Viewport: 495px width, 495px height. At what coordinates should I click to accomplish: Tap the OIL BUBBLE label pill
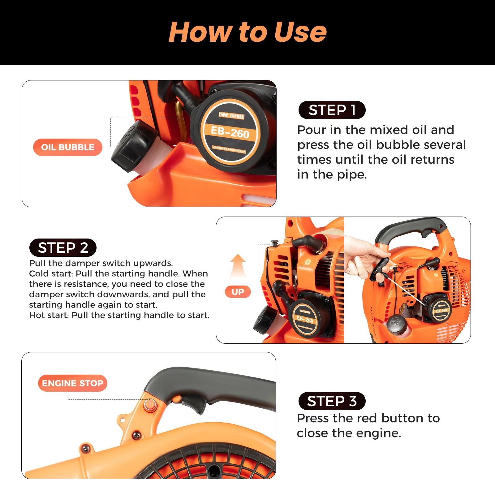point(67,147)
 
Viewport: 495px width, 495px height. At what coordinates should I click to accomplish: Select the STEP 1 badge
point(332,110)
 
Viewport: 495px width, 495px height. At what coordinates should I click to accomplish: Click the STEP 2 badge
point(63,248)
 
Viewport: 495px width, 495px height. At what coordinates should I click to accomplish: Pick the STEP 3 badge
point(332,401)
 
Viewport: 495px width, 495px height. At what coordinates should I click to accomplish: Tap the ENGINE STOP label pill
point(72,383)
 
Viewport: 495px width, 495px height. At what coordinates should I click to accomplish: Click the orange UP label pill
point(238,292)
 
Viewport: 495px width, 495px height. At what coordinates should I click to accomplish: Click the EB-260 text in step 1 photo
point(230,132)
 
